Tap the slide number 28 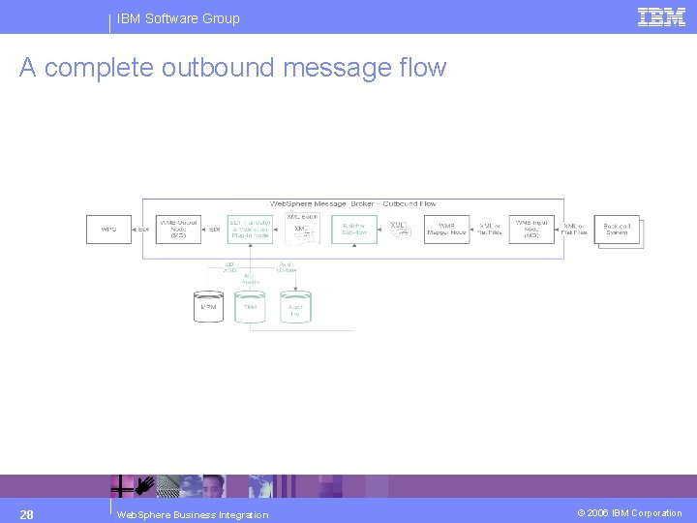click(27, 513)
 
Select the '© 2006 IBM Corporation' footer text click(630, 513)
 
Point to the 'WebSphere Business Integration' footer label click(192, 514)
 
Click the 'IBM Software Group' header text click(178, 18)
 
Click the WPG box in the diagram click(108, 230)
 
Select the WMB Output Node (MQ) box click(178, 230)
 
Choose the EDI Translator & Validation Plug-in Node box click(250, 230)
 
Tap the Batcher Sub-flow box click(353, 230)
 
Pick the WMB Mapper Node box click(446, 230)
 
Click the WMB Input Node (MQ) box click(531, 230)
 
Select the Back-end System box click(617, 230)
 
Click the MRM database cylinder click(208, 307)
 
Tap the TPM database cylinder click(250, 307)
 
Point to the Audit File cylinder click(294, 307)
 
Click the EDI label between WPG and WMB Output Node click(144, 230)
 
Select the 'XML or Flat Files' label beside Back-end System click(575, 230)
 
